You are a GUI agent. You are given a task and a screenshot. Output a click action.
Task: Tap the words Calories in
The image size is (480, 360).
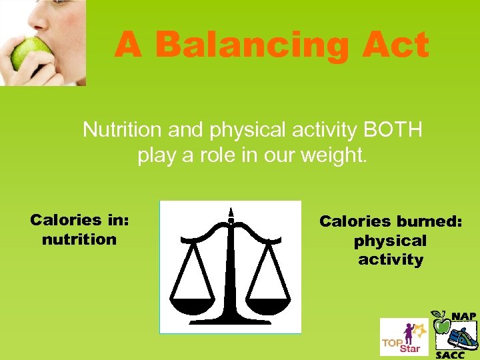pos(79,220)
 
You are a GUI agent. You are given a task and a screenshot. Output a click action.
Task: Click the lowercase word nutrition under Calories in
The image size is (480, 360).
pos(79,239)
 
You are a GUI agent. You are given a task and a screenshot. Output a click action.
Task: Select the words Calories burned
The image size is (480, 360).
pos(391,221)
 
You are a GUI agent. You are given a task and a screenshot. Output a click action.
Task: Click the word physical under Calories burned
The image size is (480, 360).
pos(391,241)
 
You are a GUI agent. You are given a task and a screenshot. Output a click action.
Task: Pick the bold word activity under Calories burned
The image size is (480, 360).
pos(391,259)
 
